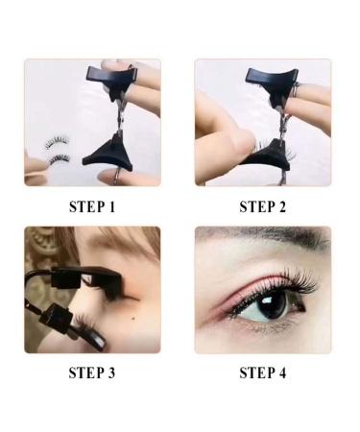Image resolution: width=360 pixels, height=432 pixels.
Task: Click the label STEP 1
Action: pos(92,205)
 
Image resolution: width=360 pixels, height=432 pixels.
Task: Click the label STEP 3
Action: pos(92,372)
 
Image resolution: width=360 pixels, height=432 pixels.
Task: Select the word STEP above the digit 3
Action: pos(85,372)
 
